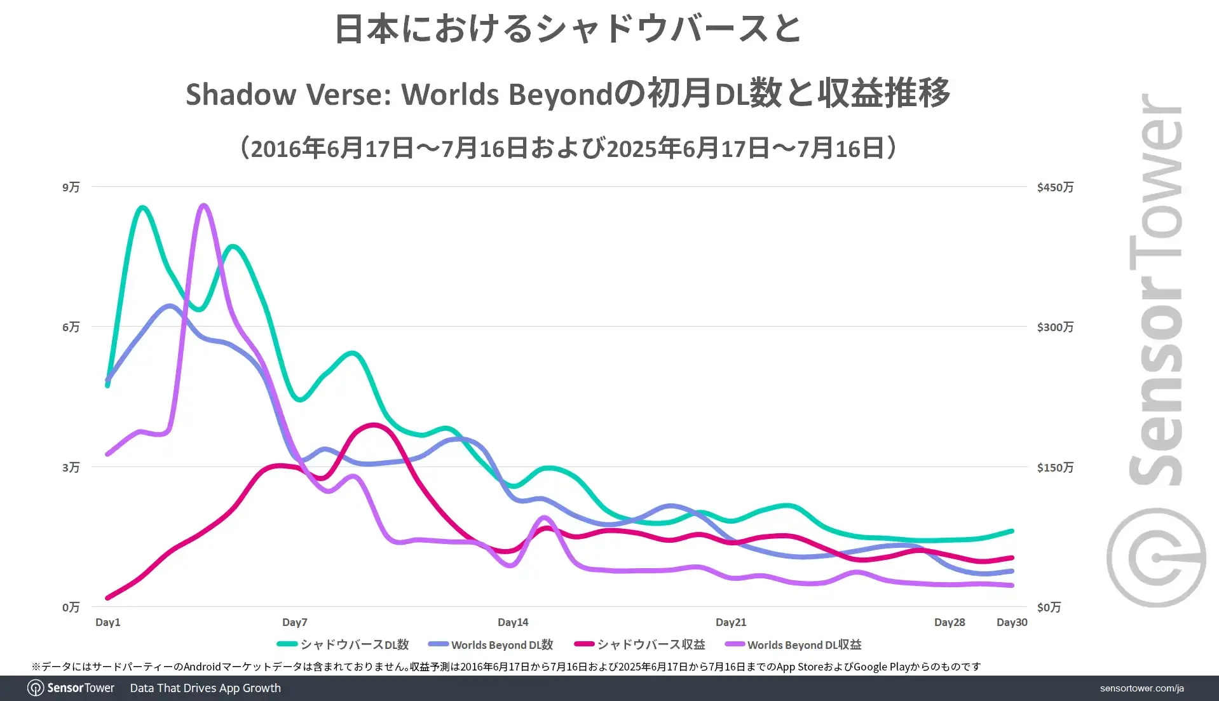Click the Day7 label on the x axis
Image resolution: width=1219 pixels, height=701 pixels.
coord(294,622)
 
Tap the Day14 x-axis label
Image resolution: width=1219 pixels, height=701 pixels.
coord(512,622)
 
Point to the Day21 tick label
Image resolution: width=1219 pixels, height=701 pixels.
coord(730,622)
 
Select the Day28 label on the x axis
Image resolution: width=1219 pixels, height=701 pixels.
coord(949,622)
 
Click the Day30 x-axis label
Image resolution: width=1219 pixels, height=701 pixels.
coord(1011,622)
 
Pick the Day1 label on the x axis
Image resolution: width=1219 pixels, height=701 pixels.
coord(107,622)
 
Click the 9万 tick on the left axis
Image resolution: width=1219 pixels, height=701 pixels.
coord(71,187)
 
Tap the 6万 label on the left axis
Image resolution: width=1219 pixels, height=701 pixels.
coord(71,327)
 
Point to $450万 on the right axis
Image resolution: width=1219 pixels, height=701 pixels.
coord(1055,187)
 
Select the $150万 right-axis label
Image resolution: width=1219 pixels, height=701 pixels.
coord(1055,467)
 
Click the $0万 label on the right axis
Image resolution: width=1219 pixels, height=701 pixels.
coord(1049,607)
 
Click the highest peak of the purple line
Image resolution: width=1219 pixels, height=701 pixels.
coord(203,205)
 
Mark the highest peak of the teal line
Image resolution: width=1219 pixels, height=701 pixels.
coord(142,207)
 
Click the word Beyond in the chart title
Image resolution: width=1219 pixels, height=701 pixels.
coord(560,94)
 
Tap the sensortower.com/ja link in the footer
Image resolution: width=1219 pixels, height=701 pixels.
coord(1141,688)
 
